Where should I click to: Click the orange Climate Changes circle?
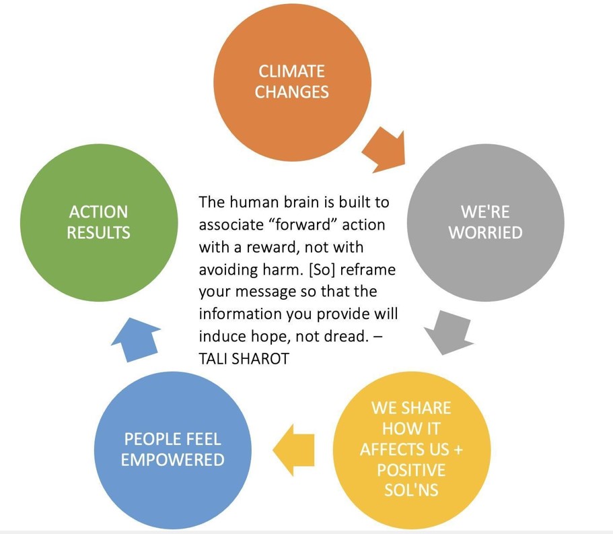tap(292, 82)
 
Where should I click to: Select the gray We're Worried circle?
tap(486, 223)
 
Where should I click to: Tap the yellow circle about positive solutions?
tap(412, 450)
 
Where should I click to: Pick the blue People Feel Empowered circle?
tap(173, 450)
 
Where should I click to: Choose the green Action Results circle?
tap(99, 223)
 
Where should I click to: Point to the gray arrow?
tap(449, 332)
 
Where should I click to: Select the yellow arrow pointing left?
tap(293, 450)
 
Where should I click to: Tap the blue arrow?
tap(136, 339)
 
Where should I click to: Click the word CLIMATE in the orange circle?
tap(291, 71)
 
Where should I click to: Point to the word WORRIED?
tap(486, 233)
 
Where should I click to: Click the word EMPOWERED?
tap(173, 460)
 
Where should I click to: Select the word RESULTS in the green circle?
tap(98, 233)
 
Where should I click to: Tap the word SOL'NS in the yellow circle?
tap(411, 490)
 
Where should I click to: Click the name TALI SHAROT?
tap(244, 359)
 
